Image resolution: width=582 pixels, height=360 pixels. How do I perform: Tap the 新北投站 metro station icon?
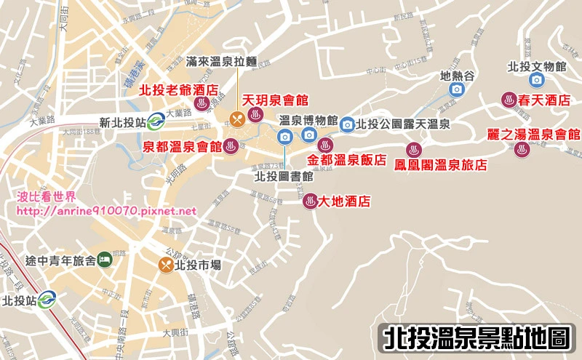click(156, 122)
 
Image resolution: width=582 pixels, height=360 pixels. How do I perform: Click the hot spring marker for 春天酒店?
click(508, 100)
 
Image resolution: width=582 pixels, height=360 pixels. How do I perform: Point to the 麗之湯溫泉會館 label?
click(533, 135)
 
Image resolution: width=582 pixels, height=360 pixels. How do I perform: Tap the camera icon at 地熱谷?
click(457, 89)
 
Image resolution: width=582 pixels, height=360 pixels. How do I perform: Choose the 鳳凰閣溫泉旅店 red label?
click(441, 164)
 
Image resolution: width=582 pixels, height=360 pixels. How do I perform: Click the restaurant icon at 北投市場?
click(167, 265)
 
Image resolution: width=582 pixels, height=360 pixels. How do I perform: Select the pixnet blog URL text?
click(106, 211)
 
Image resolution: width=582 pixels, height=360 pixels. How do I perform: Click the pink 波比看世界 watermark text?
click(56, 197)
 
